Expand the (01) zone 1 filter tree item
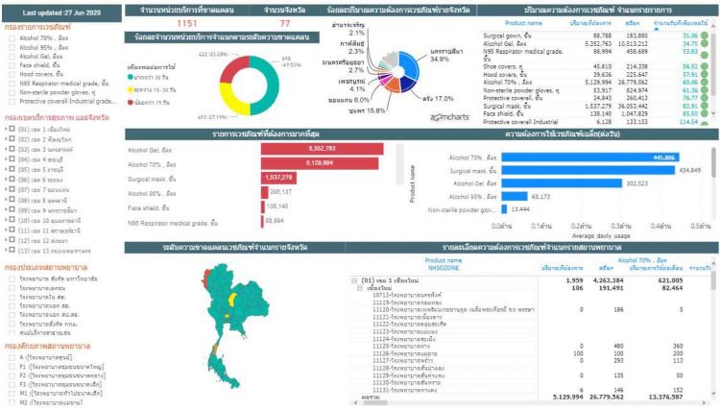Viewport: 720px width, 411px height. coord(6,126)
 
